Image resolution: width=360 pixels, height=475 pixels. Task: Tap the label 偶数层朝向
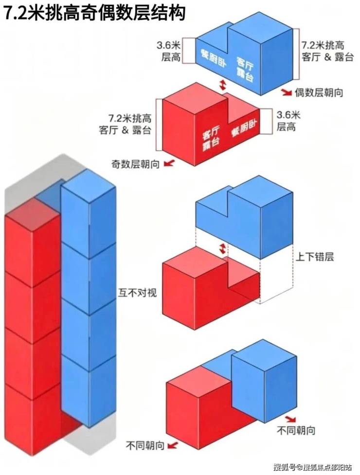(319, 92)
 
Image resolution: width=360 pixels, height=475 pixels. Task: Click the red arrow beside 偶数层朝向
(287, 92)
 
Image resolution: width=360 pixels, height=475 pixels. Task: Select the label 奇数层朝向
(135, 164)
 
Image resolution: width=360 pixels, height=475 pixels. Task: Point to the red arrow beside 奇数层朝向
(169, 163)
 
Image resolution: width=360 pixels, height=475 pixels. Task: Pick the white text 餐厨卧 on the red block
(243, 128)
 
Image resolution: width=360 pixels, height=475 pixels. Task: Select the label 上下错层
(315, 257)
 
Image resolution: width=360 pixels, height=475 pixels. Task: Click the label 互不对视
(137, 293)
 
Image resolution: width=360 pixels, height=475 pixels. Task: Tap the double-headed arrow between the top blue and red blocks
(223, 85)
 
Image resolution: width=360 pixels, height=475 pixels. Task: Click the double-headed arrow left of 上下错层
(223, 249)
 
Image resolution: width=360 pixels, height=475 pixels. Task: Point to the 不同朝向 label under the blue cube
(296, 430)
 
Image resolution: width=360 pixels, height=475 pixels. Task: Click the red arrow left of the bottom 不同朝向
(172, 446)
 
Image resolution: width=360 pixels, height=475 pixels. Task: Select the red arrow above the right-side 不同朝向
(290, 419)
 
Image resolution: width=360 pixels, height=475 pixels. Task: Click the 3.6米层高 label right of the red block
(288, 120)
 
